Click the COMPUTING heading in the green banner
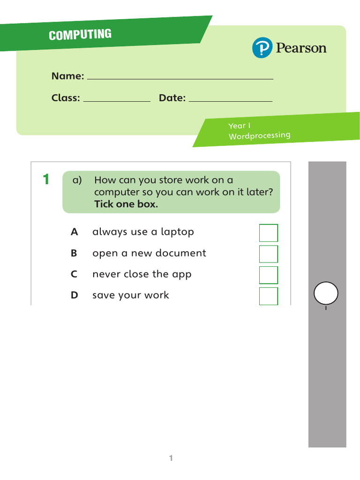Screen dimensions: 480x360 pos(80,35)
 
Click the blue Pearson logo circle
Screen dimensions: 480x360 pos(262,48)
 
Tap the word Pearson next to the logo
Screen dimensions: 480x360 pos(301,48)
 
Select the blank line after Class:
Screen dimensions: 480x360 pos(117,100)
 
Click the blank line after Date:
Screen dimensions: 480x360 pos(230,100)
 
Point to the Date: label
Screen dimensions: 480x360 pos(172,98)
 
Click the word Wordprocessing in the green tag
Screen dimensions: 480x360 pos(259,135)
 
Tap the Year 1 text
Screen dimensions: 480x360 pos(240,126)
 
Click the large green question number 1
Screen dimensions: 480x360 pos(46,180)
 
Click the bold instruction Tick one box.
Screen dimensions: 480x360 pos(126,204)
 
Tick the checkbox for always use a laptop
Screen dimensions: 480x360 pos(269,233)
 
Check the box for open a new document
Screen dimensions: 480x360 pos(269,254)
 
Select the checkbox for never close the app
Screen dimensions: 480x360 pos(269,275)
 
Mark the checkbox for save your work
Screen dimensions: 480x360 pos(269,296)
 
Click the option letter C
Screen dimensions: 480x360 pos(74,274)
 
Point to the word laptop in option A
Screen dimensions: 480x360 pos(177,232)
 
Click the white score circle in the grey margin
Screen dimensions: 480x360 pos(326,294)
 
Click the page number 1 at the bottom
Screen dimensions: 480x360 pos(171,458)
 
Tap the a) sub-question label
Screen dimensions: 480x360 pos(77,180)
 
